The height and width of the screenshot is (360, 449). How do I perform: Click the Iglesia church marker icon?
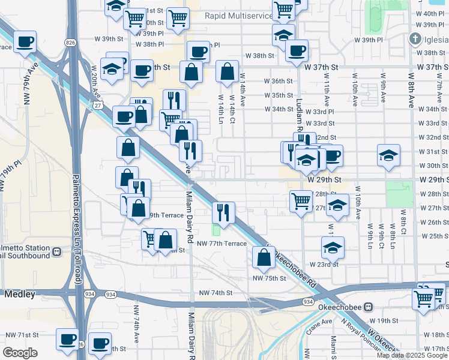click(415, 39)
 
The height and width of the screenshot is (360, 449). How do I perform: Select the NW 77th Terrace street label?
click(221, 243)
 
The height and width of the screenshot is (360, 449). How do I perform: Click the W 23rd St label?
click(324, 264)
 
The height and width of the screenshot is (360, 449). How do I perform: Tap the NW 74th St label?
click(216, 293)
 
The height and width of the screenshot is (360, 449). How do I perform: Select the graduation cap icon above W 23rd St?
click(333, 247)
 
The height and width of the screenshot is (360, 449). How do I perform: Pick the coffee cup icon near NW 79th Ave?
click(25, 42)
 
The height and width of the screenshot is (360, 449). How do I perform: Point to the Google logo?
click(20, 353)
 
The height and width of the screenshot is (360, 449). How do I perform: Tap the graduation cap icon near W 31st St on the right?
click(388, 155)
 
